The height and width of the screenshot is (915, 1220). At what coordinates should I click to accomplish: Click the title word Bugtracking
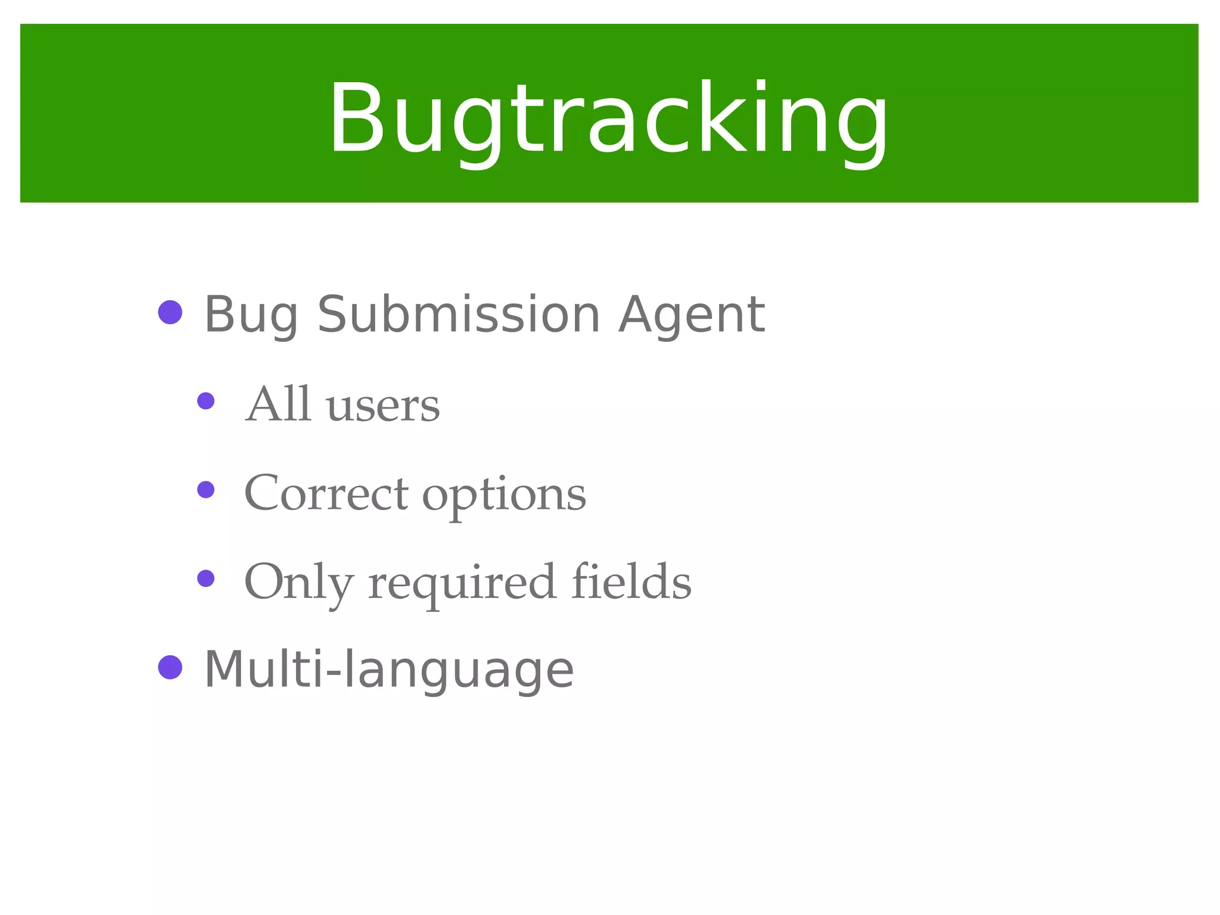click(x=608, y=119)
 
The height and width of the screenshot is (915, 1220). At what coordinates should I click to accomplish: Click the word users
click(x=383, y=406)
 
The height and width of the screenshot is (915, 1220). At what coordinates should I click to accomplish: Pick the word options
click(x=504, y=496)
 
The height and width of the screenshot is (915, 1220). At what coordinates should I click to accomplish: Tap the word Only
click(x=299, y=583)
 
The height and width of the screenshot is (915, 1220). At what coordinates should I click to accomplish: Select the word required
click(x=463, y=584)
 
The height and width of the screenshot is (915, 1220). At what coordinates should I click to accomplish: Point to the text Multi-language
click(x=389, y=670)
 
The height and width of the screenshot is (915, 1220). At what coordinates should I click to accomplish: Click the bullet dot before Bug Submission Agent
click(x=170, y=312)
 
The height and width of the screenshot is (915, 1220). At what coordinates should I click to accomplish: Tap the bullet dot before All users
click(x=206, y=401)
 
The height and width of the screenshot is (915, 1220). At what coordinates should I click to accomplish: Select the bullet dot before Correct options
click(x=206, y=490)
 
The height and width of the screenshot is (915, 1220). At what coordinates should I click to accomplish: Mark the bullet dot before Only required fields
click(x=206, y=578)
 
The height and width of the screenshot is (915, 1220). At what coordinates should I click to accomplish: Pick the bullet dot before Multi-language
click(x=170, y=667)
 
